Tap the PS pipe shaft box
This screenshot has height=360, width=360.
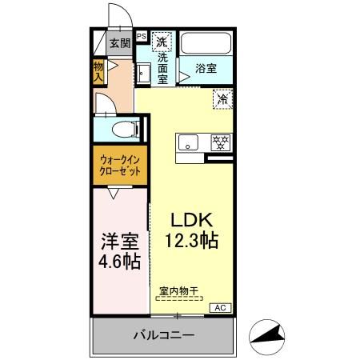click(141, 36)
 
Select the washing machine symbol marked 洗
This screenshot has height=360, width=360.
click(162, 41)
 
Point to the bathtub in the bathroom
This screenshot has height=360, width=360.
click(205, 45)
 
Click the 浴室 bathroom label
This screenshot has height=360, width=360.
click(206, 69)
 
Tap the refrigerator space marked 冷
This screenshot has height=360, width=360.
click(222, 99)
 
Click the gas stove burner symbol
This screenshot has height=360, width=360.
click(219, 142)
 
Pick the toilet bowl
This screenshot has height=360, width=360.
click(120, 129)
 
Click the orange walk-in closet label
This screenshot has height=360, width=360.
click(120, 166)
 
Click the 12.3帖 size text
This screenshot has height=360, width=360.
click(192, 239)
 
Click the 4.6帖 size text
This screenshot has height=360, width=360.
click(120, 261)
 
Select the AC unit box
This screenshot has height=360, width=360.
click(221, 306)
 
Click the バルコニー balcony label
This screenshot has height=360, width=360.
click(163, 336)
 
